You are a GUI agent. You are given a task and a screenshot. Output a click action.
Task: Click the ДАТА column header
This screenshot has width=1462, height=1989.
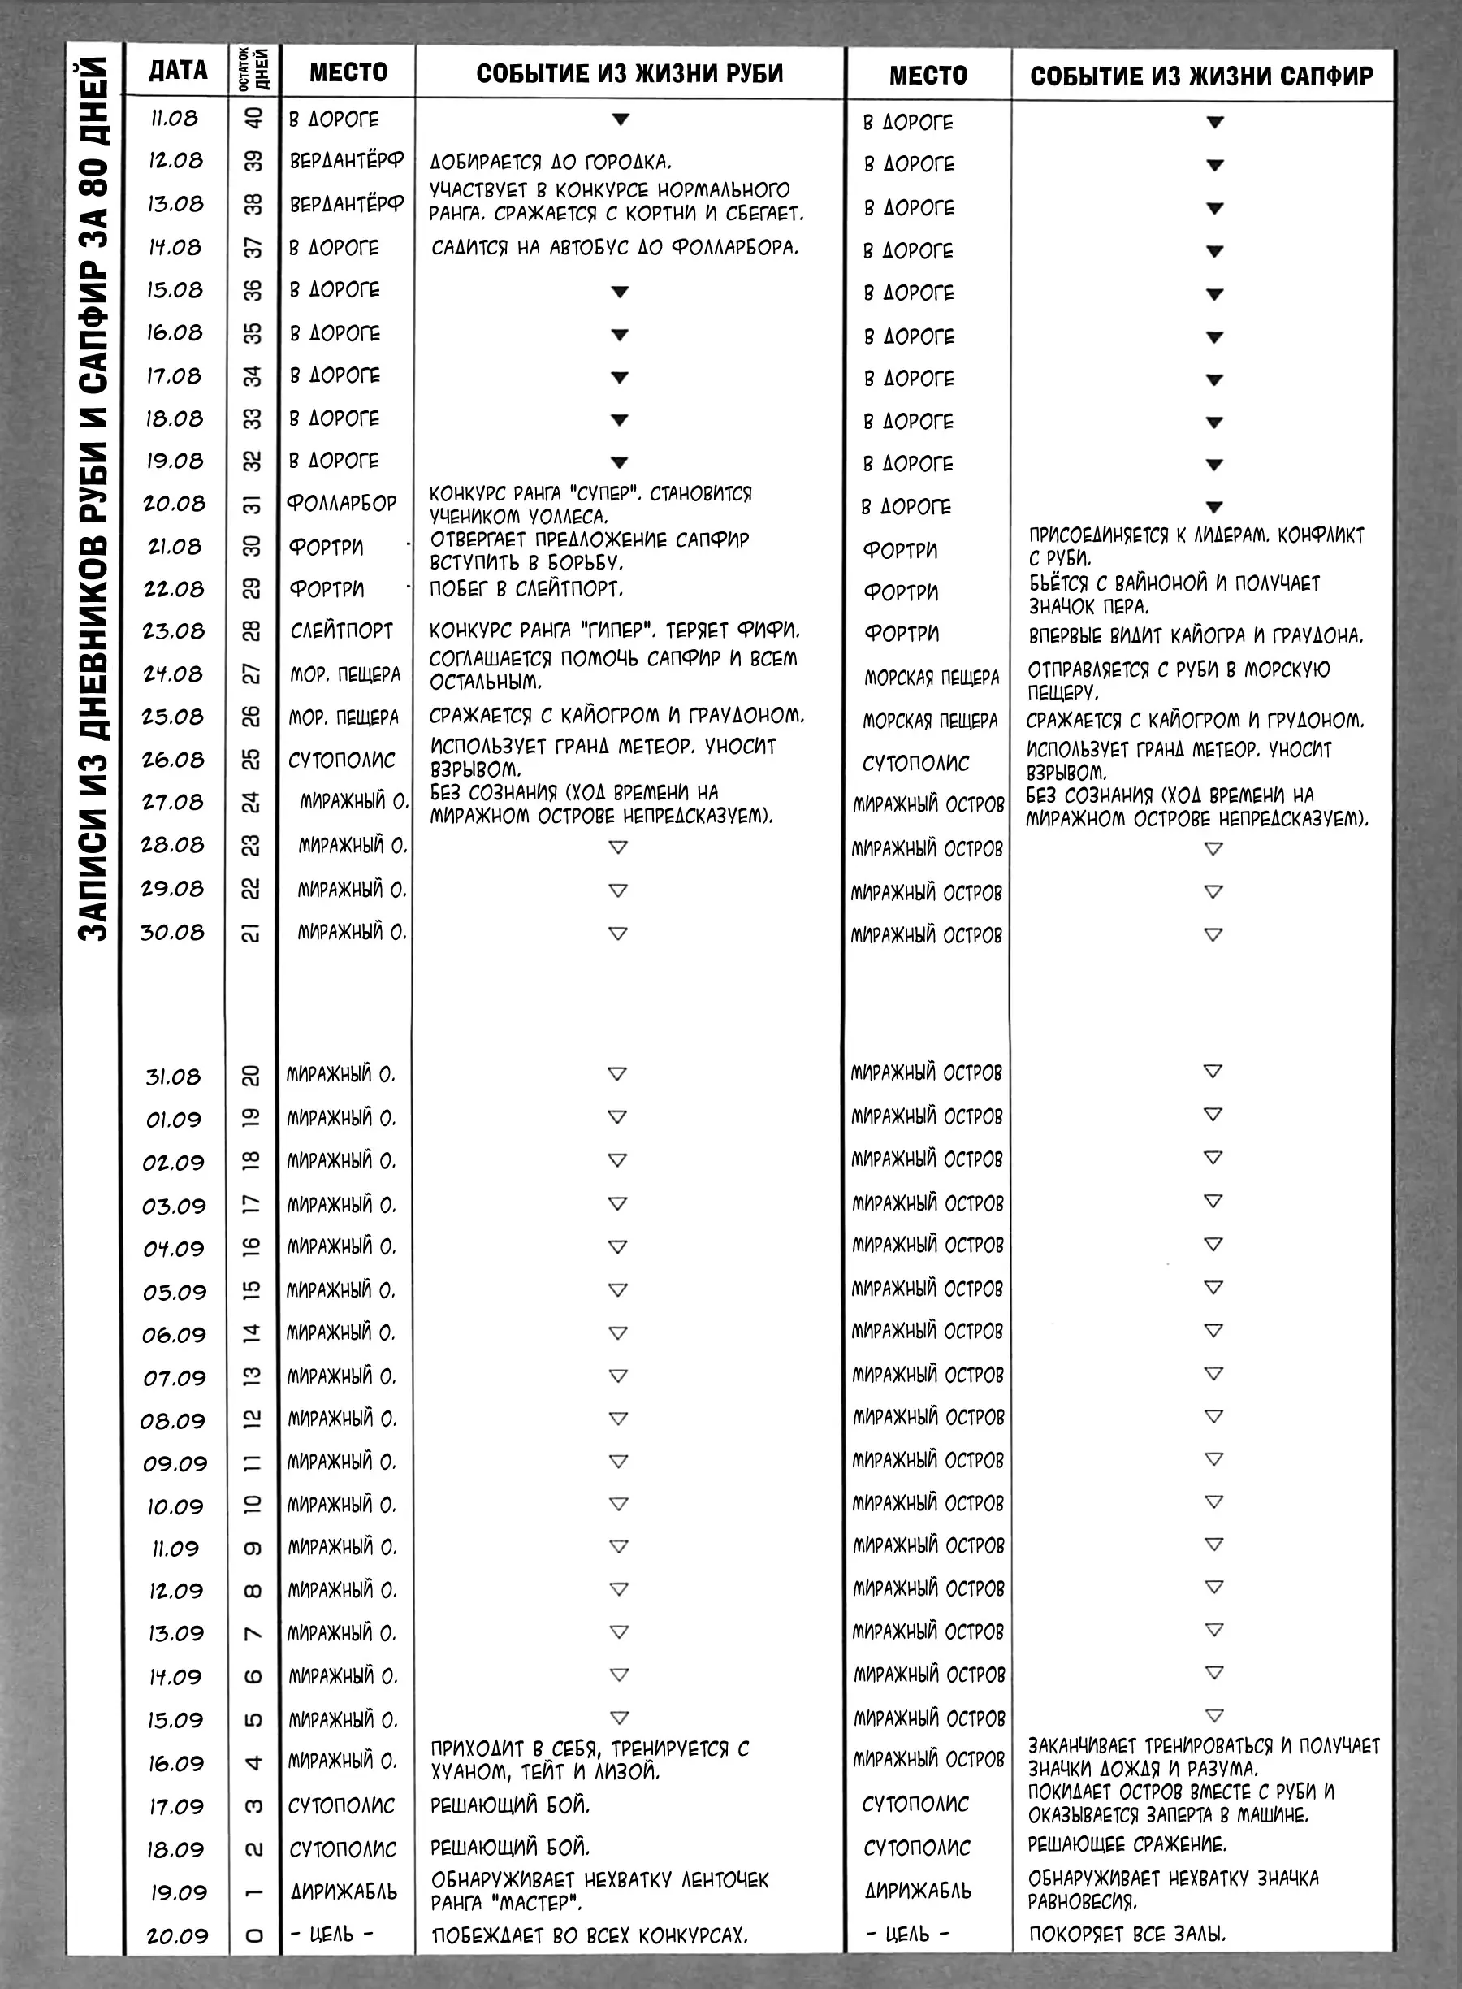(x=178, y=71)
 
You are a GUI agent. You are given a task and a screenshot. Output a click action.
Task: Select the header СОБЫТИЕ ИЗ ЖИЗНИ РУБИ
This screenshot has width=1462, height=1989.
(x=629, y=73)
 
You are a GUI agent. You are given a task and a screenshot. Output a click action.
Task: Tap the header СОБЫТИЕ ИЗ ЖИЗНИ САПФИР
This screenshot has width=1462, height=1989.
(x=1201, y=76)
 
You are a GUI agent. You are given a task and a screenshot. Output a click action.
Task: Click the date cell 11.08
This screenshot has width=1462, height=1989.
(x=175, y=119)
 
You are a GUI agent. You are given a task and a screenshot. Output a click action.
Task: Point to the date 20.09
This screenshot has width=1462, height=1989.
(x=177, y=1935)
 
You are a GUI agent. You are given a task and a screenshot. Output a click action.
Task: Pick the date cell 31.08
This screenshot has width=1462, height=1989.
(x=174, y=1077)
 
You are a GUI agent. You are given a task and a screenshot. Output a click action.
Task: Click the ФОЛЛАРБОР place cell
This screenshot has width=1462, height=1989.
(x=342, y=504)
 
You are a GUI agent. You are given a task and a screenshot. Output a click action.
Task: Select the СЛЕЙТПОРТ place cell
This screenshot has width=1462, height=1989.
(x=342, y=631)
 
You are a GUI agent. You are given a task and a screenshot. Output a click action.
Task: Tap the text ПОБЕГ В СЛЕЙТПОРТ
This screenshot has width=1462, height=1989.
(x=526, y=588)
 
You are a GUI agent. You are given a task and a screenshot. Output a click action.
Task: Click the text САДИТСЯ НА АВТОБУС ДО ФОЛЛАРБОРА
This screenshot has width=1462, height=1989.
(x=614, y=248)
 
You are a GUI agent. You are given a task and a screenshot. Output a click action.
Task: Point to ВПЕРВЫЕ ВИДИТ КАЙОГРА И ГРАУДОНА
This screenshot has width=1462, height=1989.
(x=1196, y=635)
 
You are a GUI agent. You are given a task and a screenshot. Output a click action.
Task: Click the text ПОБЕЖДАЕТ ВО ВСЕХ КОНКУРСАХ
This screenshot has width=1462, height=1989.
(x=590, y=1935)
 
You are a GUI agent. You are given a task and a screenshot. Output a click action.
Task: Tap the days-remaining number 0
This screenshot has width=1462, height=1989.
(x=253, y=1935)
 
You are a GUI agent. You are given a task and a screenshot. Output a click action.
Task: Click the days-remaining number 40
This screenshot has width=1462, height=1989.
(x=253, y=119)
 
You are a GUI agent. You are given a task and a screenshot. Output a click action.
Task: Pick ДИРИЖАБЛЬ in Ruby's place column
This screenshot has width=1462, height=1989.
(x=344, y=1891)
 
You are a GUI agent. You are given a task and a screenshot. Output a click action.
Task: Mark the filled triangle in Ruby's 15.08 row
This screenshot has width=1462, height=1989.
(x=620, y=291)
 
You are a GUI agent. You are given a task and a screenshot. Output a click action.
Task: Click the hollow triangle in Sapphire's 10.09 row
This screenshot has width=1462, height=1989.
(x=1213, y=1502)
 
